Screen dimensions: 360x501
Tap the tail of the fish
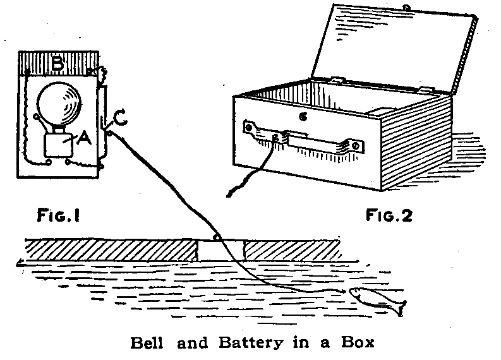click(x=400, y=308)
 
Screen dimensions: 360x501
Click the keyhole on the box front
click(x=304, y=116)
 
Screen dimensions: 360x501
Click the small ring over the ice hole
click(x=217, y=237)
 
